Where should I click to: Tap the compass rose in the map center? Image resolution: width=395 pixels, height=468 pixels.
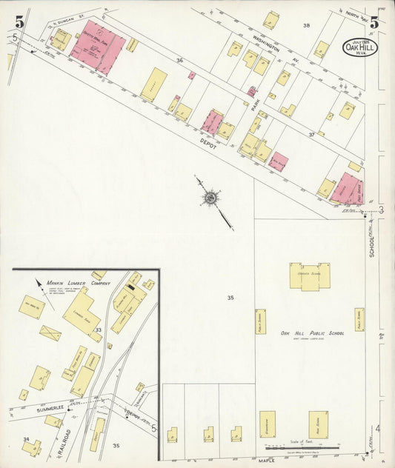click(x=211, y=197)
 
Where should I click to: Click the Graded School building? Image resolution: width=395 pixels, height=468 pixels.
click(x=310, y=275)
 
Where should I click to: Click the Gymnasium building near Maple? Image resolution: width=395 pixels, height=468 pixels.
click(x=267, y=424)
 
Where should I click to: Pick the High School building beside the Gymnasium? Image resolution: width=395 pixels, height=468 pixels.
click(x=318, y=424)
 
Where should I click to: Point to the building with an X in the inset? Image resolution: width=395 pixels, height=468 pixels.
click(x=50, y=333)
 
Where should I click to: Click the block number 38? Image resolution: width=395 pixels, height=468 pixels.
click(x=305, y=26)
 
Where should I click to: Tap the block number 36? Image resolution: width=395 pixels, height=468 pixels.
click(x=179, y=61)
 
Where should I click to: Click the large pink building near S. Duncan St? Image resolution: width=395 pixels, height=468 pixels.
click(x=99, y=47)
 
